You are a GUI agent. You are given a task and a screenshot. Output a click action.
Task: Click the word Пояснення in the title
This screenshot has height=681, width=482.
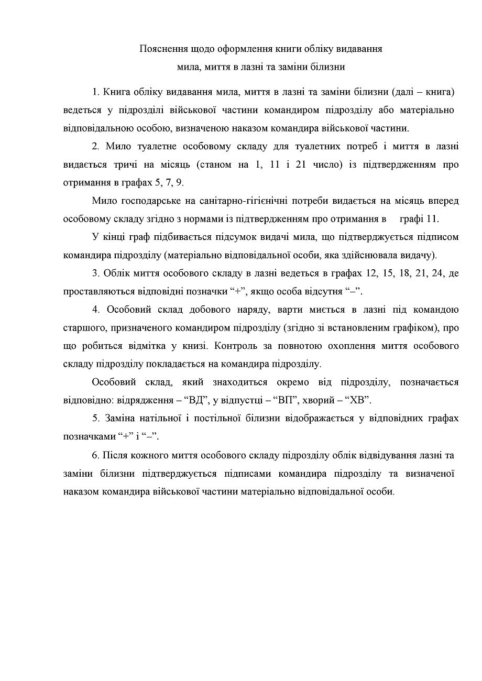click(x=161, y=49)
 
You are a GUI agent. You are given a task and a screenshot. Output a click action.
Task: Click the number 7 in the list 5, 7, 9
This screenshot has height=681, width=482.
click(x=169, y=183)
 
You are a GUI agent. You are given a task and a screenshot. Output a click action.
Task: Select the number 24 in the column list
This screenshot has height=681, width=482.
click(x=432, y=273)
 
